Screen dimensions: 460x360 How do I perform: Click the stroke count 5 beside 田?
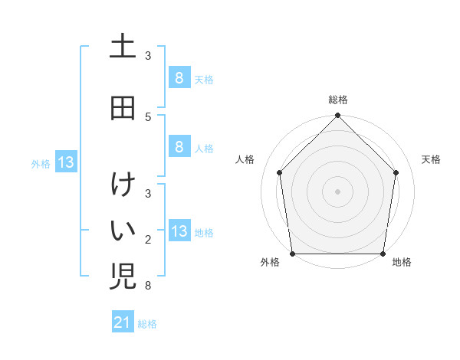coord(148,116)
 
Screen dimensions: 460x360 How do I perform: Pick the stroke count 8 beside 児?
coord(148,286)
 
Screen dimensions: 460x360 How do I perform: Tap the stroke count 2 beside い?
coord(148,240)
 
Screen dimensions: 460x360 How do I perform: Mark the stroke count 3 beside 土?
coord(148,56)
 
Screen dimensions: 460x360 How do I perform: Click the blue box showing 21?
coord(123,322)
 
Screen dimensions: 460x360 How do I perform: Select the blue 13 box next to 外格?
coord(65,162)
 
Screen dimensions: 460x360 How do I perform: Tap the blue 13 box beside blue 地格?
coord(179,231)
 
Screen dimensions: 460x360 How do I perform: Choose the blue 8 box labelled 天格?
coord(179,77)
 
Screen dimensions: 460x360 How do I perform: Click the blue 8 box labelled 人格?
coord(179,147)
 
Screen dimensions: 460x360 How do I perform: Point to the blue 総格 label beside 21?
coord(147,324)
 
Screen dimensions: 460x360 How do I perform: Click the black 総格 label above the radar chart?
coord(337,100)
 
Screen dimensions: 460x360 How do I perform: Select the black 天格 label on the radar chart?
coord(432,159)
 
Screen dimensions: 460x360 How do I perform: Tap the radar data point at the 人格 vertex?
coord(279,172)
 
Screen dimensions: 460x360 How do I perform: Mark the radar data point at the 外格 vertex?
coord(292,254)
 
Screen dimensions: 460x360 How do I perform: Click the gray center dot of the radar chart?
coord(337,191)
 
